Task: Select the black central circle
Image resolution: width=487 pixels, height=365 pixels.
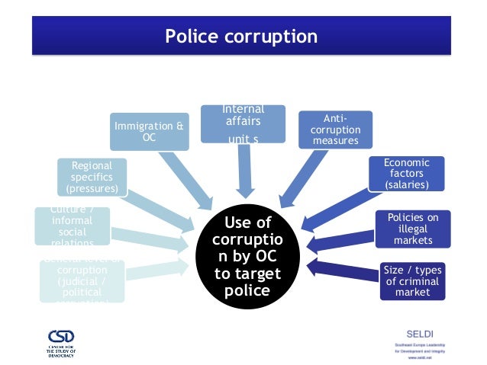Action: pos(246,257)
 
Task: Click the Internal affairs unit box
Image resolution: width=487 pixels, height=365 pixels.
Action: pos(242,123)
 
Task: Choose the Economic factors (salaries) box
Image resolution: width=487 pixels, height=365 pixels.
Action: pos(406,174)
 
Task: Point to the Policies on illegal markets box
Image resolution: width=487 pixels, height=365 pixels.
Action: pos(413,229)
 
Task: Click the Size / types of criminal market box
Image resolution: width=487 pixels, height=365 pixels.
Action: pos(413,280)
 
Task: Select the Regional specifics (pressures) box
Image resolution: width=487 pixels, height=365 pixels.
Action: pos(91,176)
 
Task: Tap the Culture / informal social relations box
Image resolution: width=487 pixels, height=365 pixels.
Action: pos(73,226)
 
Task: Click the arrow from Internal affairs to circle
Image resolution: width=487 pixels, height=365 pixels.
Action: pos(243,171)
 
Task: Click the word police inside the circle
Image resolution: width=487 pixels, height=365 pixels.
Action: pos(246,292)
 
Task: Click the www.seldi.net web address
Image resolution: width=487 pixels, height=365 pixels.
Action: pos(422,355)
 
